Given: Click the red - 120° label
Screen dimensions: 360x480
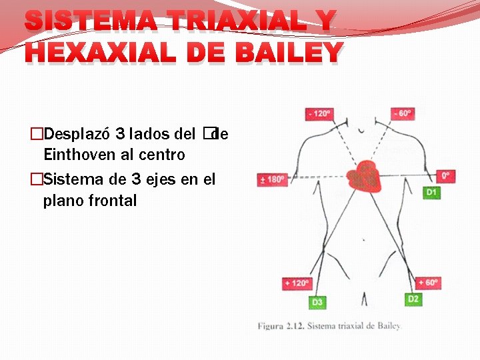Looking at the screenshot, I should coord(319,114).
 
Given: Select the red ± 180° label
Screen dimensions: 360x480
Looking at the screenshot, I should coord(272,179).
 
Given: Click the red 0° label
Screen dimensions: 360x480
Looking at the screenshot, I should coord(446,177).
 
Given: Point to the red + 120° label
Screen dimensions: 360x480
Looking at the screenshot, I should coord(297,283).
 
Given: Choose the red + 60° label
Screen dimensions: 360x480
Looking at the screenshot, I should coord(427,283).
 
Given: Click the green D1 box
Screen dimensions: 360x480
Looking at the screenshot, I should coord(431,192).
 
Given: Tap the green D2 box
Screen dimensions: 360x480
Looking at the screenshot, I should coord(413,299).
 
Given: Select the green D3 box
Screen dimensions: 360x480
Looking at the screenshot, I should coord(317,302).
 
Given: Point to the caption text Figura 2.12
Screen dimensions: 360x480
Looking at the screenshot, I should coord(279,326).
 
